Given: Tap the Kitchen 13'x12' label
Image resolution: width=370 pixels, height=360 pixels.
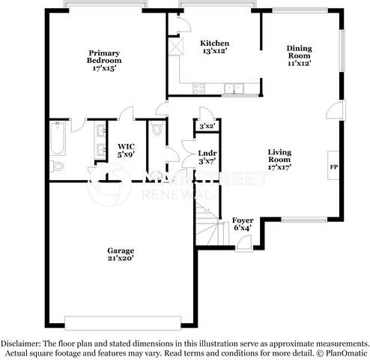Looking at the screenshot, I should [x=215, y=47].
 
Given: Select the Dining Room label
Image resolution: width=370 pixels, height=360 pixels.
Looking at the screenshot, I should [x=299, y=55].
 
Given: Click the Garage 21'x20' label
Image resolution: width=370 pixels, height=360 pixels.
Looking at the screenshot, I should [x=120, y=253].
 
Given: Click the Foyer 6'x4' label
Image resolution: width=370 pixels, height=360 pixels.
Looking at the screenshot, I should [x=243, y=223].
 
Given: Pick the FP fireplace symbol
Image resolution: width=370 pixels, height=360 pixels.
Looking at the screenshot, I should [x=333, y=166].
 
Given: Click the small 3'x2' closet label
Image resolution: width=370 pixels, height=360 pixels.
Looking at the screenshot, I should [x=206, y=125].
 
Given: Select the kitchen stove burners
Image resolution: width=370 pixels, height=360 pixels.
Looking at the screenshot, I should [x=201, y=88].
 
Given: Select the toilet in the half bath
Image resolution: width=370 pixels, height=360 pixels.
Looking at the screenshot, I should [x=156, y=129].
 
